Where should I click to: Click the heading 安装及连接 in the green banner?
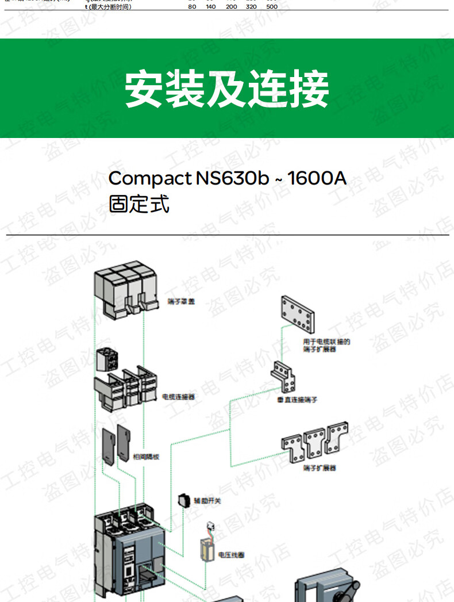[227, 89]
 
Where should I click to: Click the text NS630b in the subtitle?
[232, 178]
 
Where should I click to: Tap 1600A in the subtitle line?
[317, 178]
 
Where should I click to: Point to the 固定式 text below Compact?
[139, 204]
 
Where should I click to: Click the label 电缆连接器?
[178, 396]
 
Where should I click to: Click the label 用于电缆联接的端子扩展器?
[326, 345]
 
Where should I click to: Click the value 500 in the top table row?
[271, 7]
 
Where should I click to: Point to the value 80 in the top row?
[191, 7]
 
